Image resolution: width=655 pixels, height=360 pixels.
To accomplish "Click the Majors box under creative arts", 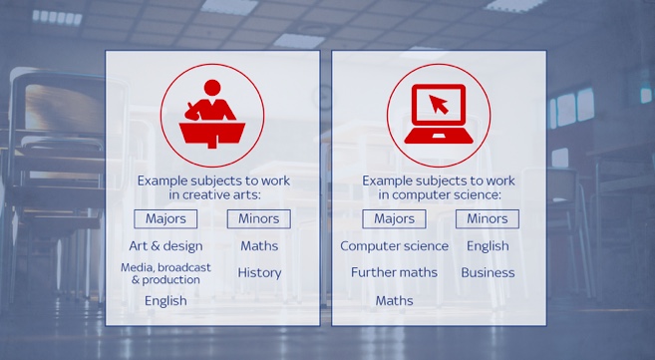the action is point(165,218).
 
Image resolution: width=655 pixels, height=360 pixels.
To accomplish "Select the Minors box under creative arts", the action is point(259,218).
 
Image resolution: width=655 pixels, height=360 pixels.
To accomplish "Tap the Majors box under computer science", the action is point(395,218).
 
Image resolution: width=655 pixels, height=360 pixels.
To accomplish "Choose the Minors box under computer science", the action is point(488,218).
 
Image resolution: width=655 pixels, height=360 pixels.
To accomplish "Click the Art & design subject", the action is point(165,246).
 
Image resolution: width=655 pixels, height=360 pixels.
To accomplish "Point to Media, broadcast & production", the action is point(165,273).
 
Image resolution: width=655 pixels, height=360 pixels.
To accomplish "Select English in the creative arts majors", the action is point(165,301).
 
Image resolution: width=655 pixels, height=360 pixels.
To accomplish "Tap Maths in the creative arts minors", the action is point(259,246).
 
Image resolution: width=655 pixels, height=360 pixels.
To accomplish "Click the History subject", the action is point(259,272).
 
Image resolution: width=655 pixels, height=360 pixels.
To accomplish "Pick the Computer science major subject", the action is point(395,246).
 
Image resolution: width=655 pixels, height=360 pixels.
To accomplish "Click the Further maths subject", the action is point(395,272).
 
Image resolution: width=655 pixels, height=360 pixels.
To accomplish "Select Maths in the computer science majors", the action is point(395,301).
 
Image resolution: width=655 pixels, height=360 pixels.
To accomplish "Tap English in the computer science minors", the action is point(488,246).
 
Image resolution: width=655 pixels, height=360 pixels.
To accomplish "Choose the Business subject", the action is point(488,272).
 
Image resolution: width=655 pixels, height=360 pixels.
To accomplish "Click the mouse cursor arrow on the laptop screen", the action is point(438,104).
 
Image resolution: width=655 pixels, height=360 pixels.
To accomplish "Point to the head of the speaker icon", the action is point(212,88).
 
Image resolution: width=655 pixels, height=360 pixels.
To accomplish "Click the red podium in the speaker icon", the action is point(212,134).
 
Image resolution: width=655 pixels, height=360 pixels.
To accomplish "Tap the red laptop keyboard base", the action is point(439,136).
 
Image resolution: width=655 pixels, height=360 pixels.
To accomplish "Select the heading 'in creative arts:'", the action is point(214,195).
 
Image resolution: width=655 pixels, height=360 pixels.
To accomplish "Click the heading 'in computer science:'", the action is point(440,195).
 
